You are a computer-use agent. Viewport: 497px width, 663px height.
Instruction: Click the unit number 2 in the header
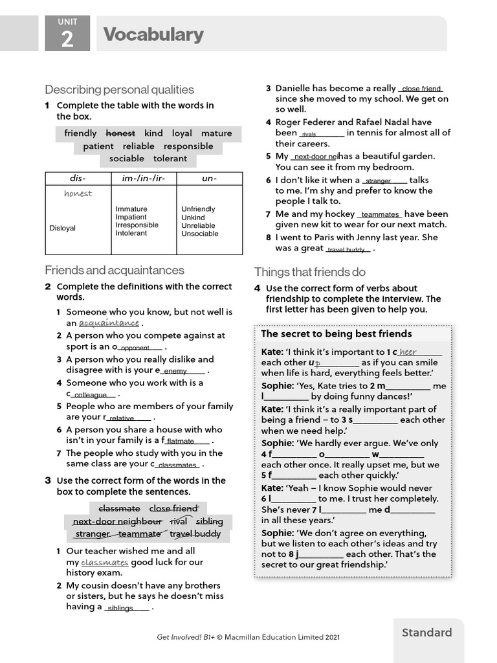point(67,40)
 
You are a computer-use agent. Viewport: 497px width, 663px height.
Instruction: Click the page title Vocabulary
point(153,34)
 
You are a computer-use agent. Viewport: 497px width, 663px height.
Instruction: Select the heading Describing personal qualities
point(119,89)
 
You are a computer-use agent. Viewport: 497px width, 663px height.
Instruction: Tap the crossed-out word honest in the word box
point(120,133)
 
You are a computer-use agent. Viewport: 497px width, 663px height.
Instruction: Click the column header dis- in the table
point(78,178)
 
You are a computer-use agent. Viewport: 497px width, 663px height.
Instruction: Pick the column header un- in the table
point(209,178)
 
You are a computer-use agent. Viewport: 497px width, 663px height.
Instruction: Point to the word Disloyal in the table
point(63,228)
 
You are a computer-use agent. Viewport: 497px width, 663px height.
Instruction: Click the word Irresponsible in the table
point(137,225)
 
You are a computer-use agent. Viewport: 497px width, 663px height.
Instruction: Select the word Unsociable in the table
point(199,234)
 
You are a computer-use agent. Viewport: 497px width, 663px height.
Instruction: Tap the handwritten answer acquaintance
point(109,323)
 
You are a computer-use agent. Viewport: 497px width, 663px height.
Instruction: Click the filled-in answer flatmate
point(181,442)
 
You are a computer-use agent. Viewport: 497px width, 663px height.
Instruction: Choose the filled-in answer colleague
point(90,395)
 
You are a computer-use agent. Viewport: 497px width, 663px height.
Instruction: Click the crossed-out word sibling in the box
point(209,521)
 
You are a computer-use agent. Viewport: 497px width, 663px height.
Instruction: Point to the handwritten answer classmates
point(105,563)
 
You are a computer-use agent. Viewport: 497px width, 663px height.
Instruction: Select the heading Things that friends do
point(310,272)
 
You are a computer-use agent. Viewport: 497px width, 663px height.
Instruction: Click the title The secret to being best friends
point(336,334)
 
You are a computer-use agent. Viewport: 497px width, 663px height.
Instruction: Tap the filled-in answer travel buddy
point(346,250)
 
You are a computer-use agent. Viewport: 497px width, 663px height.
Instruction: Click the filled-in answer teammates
point(380,215)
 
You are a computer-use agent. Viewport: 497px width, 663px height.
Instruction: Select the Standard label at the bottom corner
point(426,633)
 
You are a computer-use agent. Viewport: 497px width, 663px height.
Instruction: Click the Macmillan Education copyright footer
point(248,637)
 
